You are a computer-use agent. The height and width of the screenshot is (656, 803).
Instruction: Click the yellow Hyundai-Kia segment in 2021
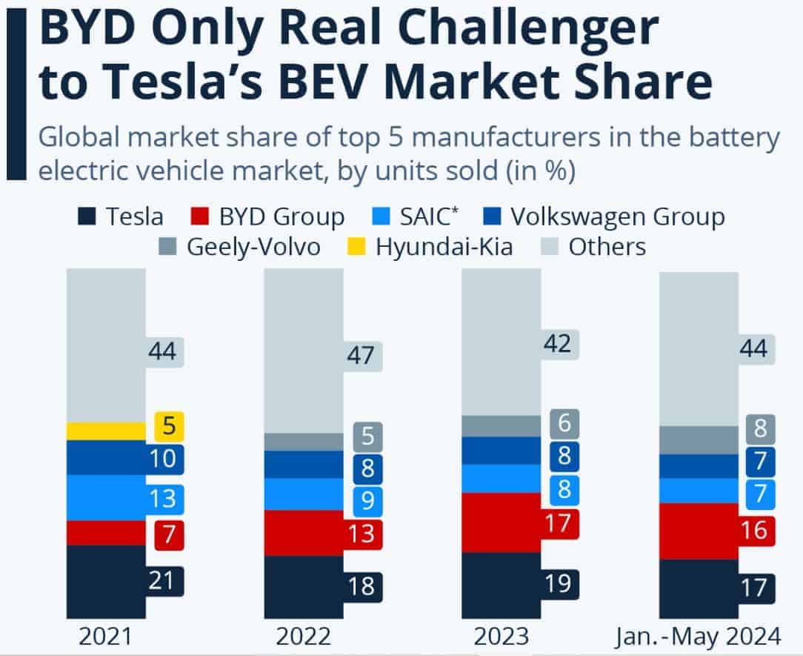coord(106,431)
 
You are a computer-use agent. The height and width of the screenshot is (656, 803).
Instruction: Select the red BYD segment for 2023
coord(501,523)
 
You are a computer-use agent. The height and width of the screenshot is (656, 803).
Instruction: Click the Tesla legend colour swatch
coord(87,217)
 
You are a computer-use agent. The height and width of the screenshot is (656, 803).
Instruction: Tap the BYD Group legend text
coord(281,217)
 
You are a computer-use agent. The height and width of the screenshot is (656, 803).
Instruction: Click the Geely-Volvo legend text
coord(253,247)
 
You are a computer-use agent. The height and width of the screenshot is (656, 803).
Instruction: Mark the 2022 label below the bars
coord(304,636)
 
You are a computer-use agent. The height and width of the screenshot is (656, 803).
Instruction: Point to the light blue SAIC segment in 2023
coord(501,478)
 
